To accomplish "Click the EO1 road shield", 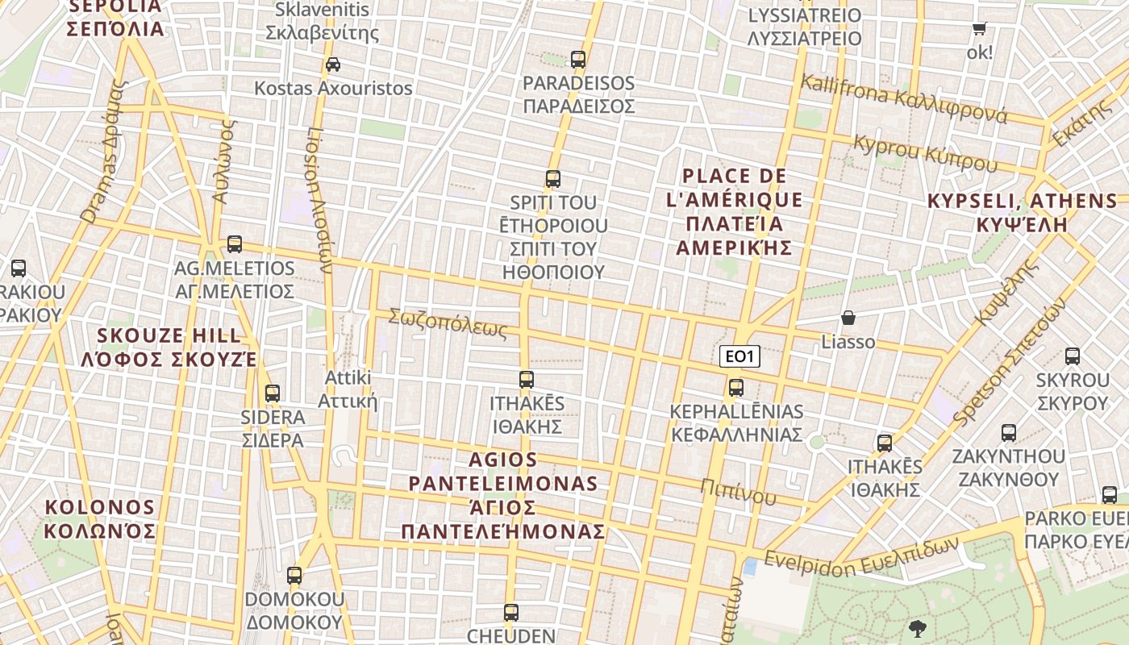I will point(739,356).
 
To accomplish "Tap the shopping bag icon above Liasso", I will point(848,318).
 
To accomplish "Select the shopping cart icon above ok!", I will point(980,29).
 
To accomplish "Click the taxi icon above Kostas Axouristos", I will point(332,64).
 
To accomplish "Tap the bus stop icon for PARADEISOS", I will point(577,59).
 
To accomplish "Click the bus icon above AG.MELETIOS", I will point(235,243).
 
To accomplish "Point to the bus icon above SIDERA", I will point(273,393).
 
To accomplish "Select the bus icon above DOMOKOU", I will point(294,576).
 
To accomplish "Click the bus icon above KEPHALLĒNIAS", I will point(735,388).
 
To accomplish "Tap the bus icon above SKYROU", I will point(1073,356).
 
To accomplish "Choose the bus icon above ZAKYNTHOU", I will point(1008,433).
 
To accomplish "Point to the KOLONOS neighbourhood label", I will point(99,519).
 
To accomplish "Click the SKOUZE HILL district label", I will point(169,347).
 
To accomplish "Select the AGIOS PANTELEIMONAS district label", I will point(503,495).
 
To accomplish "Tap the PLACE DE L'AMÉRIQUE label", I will point(734,212).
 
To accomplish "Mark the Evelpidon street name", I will point(861,555).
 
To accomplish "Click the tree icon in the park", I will point(917,628).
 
